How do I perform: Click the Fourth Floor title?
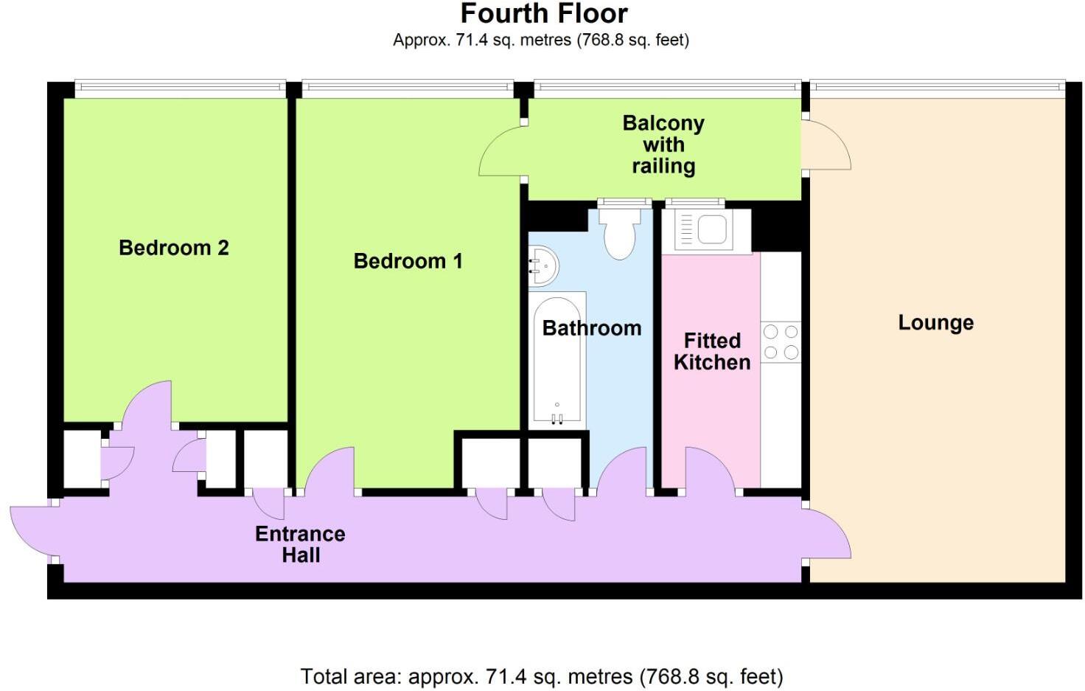544,14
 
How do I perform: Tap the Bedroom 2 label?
174,248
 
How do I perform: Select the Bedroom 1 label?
408,261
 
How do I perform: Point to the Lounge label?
935,323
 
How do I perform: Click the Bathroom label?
592,328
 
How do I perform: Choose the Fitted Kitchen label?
711,352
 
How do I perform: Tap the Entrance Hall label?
300,544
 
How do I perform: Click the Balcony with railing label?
663,145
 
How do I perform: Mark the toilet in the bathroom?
619,232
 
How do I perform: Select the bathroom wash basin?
542,265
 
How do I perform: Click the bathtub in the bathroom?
557,361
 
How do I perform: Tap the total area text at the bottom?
541,676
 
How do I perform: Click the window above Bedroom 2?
180,88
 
